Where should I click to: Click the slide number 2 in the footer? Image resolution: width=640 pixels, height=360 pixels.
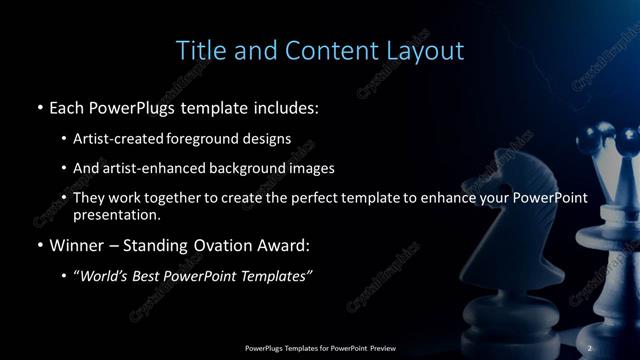pos(590,348)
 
